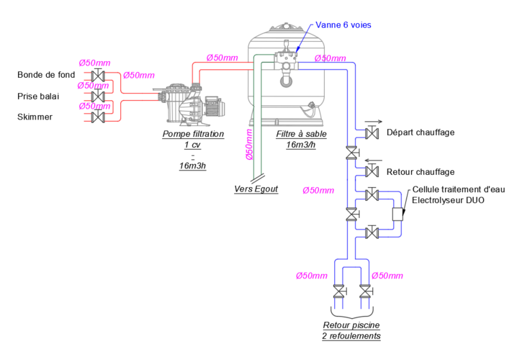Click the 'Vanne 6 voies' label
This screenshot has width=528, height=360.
coord(343,25)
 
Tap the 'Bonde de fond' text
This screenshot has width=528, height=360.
coord(46,75)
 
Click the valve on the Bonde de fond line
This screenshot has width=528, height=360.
coord(99,75)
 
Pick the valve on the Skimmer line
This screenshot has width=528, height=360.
coord(99,116)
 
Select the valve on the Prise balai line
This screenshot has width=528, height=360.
coord(99,96)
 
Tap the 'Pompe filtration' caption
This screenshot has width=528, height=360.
coord(193,134)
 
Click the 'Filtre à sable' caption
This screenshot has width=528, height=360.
coord(301,134)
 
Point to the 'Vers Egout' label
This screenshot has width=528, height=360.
coord(256,189)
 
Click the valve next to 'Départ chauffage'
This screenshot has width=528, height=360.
coord(371,133)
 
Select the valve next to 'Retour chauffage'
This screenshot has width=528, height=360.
coord(371,172)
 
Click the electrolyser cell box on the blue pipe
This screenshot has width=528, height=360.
coord(396,214)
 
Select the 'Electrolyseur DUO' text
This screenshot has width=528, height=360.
coord(448,200)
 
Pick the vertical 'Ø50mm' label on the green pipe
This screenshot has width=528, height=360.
coord(249,145)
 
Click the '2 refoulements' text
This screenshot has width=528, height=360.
coord(352,336)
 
